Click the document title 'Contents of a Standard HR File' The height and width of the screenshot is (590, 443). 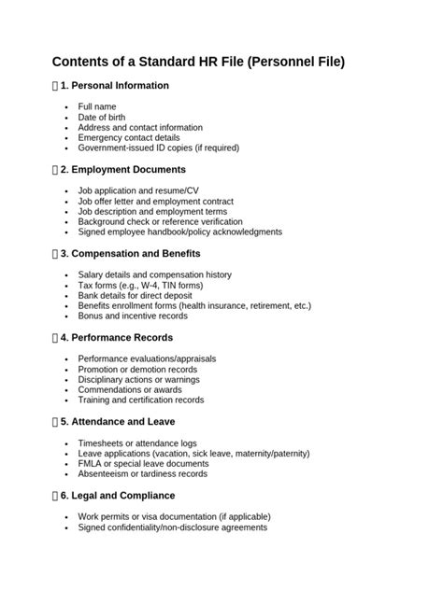[x=198, y=62]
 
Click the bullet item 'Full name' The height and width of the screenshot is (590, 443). [x=97, y=107]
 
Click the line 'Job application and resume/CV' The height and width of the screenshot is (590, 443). [x=138, y=191]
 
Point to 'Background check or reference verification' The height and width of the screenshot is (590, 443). [x=160, y=222]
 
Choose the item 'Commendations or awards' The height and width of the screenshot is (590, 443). [x=129, y=389]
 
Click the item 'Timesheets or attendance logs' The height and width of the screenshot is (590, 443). [x=137, y=443]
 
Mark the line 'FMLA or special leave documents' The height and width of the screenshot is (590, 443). [x=143, y=464]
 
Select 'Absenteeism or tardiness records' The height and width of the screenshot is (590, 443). [x=143, y=474]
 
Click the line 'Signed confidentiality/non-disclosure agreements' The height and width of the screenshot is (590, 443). [x=173, y=527]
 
